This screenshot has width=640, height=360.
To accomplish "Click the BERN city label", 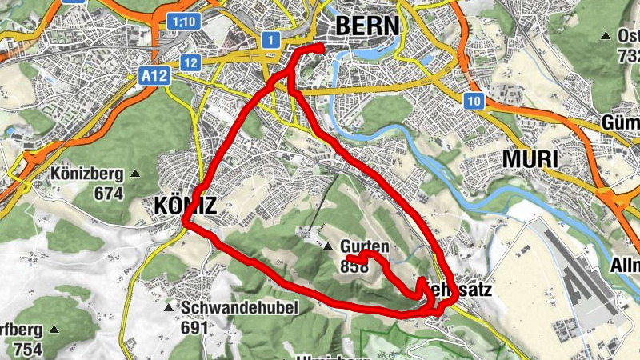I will (366, 26).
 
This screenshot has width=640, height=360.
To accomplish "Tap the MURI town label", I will (530, 159).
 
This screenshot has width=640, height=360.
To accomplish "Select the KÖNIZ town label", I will (183, 206).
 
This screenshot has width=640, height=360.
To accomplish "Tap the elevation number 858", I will (354, 267).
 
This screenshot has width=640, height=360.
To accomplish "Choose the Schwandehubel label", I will (240, 308).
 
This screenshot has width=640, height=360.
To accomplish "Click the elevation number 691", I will (194, 327).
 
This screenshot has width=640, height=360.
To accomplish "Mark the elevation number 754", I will (26, 349).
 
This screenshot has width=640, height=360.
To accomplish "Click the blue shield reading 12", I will (190, 62).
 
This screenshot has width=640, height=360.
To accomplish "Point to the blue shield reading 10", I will (474, 100).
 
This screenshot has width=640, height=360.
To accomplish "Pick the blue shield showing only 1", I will (271, 40).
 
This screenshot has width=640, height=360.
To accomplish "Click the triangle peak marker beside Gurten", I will (329, 246).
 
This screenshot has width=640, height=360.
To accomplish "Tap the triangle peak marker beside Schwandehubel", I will (168, 308).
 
